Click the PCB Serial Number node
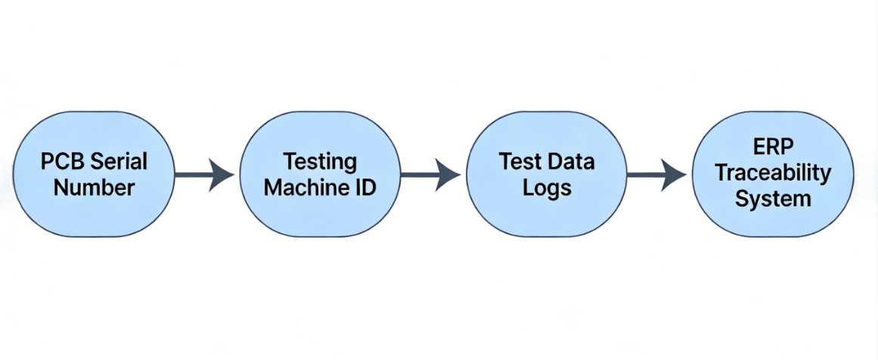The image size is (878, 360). (x=95, y=175)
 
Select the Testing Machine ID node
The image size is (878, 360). (x=320, y=175)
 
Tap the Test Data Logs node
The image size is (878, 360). (x=546, y=175)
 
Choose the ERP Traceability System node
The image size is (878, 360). (x=773, y=175)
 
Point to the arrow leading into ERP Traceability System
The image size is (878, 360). (x=656, y=175)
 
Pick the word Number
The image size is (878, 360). (x=95, y=188)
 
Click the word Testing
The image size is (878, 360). (x=320, y=161)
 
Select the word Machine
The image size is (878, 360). (x=299, y=187)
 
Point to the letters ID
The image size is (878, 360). (x=365, y=187)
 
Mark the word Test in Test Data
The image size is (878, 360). (x=520, y=161)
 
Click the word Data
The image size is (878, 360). (x=572, y=161)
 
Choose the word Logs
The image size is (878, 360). (x=547, y=188)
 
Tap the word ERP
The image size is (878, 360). (x=773, y=147)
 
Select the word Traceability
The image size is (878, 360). (x=773, y=174)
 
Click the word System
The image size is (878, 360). (x=773, y=199)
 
